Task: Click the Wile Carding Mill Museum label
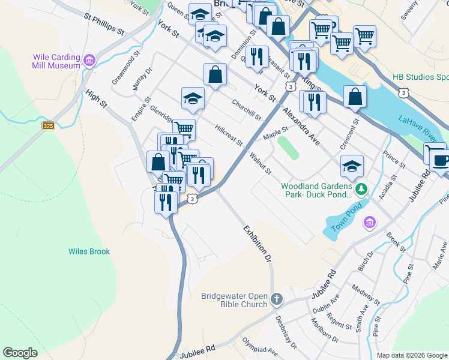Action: (x=56, y=61)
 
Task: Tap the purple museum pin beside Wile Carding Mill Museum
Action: (x=89, y=61)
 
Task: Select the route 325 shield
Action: (x=49, y=125)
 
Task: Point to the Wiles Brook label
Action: (x=89, y=251)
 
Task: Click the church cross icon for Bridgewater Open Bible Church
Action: (x=276, y=299)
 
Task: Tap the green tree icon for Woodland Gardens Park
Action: (x=361, y=190)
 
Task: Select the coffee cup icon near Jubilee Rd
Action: (x=442, y=160)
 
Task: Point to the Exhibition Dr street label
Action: (x=258, y=244)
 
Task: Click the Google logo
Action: (x=20, y=352)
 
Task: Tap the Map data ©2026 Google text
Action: (x=411, y=355)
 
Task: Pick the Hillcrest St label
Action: (x=229, y=136)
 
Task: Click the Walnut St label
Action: (x=261, y=164)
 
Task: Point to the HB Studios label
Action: (x=420, y=77)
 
